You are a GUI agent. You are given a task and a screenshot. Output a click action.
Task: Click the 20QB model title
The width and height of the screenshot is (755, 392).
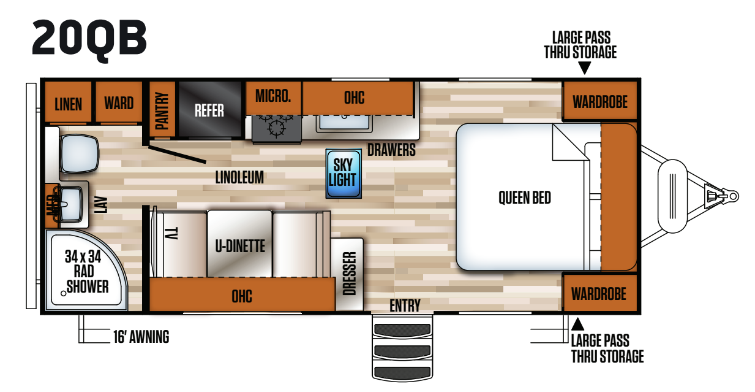[x=89, y=39]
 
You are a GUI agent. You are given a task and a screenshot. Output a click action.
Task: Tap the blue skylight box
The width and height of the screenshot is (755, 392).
[x=344, y=173]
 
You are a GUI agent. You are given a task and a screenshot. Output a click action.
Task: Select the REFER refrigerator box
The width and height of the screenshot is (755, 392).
[x=209, y=110]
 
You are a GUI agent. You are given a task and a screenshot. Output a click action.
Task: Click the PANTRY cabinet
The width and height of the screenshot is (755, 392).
[x=162, y=110]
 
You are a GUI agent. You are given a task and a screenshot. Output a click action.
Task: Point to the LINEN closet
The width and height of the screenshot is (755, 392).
[x=68, y=102]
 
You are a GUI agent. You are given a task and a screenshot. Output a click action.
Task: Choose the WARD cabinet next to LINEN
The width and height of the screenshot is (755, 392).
[x=119, y=102]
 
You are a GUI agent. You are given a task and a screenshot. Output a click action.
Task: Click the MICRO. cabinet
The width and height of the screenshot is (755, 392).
[x=273, y=98]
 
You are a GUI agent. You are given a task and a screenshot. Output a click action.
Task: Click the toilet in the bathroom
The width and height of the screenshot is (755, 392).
[x=80, y=153]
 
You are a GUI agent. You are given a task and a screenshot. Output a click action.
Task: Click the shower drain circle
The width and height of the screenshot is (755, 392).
[x=63, y=293]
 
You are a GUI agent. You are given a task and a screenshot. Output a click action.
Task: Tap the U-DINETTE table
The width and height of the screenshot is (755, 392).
[x=239, y=244]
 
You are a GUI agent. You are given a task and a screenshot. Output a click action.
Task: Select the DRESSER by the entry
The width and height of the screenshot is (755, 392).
[x=348, y=274]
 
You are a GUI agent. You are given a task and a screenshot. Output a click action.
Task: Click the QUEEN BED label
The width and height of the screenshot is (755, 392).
[x=524, y=198]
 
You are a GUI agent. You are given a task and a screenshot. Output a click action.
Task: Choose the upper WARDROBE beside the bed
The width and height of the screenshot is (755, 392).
[x=600, y=101]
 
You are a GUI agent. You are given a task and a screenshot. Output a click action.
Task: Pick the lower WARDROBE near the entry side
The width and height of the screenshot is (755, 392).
[x=599, y=293]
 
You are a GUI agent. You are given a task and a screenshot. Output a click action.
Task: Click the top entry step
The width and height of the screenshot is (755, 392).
[x=402, y=329]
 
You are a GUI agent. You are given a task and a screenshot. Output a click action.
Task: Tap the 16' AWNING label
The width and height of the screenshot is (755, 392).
[x=141, y=337]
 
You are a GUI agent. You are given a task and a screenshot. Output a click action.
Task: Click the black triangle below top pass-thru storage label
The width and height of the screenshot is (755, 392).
[x=585, y=68]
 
